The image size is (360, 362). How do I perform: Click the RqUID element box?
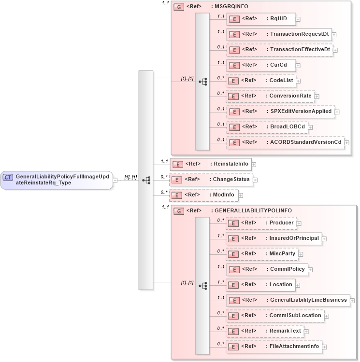tap(261, 19)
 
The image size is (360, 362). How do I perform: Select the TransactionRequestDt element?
tap(279, 34)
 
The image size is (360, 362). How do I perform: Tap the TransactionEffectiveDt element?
tap(280, 50)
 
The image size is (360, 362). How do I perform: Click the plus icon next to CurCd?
tap(298, 65)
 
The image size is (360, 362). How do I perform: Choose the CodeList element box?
tap(261, 81)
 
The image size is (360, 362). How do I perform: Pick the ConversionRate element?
tap(270, 96)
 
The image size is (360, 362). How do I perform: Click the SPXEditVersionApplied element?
tap(280, 111)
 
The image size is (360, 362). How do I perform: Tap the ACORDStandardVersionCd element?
tap(285, 142)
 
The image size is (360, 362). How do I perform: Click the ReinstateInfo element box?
tap(210, 164)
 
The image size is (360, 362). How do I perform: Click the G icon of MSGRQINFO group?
tap(178, 8)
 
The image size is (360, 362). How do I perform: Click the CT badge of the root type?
tap(8, 178)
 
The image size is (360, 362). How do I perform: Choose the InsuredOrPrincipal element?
tap(274, 238)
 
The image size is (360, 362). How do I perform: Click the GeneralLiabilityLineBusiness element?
tap(288, 300)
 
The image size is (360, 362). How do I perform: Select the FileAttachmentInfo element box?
tap(274, 347)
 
